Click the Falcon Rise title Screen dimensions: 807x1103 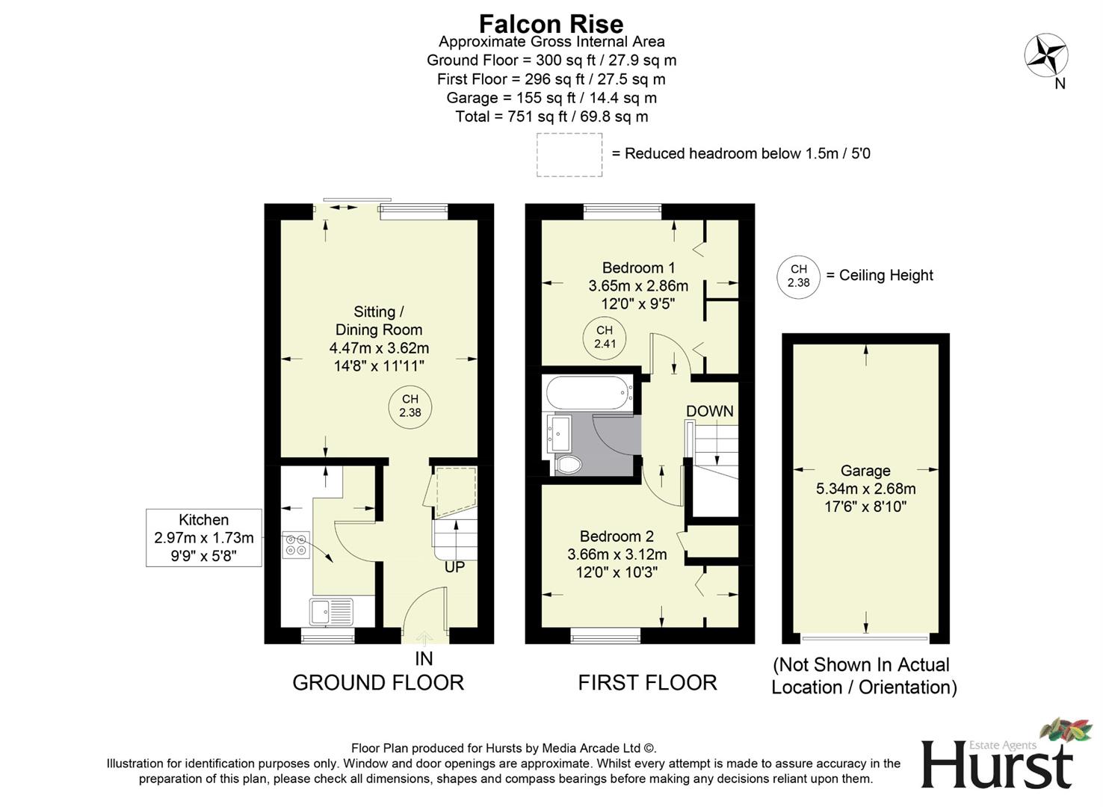coord(551,23)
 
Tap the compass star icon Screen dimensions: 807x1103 coord(1045,56)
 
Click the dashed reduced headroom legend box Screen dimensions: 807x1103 coord(569,155)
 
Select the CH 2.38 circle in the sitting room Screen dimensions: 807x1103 coord(410,406)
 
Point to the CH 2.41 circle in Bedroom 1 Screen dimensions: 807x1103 coord(604,338)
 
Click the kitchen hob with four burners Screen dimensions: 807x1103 coord(296,544)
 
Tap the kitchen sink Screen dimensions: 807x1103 coord(332,611)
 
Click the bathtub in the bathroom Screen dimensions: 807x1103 coord(590,392)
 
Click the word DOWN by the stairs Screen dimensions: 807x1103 coord(709,411)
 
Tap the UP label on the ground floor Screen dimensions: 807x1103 coord(454,567)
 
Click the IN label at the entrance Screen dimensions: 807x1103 coord(424,658)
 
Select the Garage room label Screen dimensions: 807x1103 coord(865,471)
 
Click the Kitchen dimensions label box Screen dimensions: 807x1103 coord(203,537)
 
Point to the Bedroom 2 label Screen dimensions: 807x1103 coord(617,537)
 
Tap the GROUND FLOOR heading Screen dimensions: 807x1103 coord(378,682)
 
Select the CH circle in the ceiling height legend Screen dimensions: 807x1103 coord(798,276)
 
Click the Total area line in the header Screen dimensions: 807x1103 coord(551,117)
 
